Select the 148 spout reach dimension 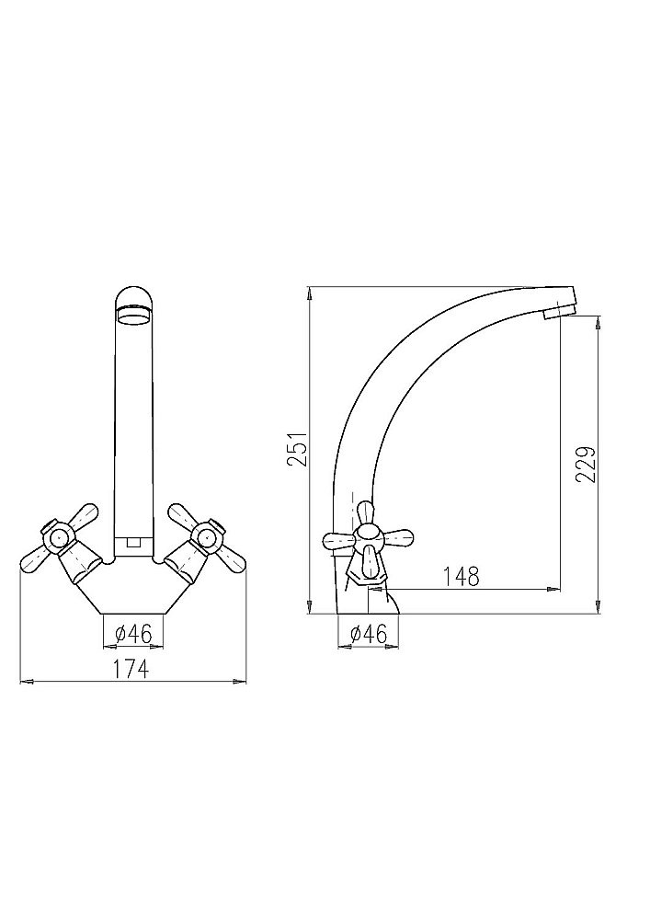[x=461, y=576]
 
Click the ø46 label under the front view [x=133, y=634]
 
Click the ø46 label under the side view [x=369, y=634]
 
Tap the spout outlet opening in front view [x=133, y=316]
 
